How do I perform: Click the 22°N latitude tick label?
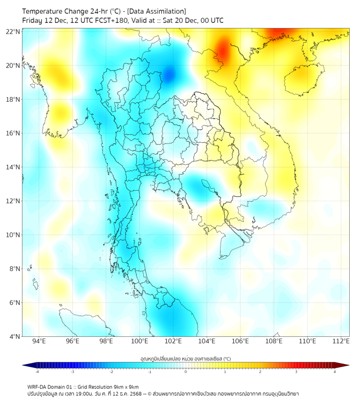tap(13, 32)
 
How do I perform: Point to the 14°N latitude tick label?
tap(13, 167)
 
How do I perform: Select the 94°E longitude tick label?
tap(39, 341)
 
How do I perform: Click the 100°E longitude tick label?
tap(140, 341)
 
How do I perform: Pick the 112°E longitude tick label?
tap(341, 341)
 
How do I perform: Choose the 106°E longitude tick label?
tap(240, 341)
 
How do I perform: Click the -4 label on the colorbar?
tap(37, 372)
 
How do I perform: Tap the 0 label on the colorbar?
tap(186, 372)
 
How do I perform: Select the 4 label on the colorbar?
tap(334, 372)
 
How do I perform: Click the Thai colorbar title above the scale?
tap(185, 358)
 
